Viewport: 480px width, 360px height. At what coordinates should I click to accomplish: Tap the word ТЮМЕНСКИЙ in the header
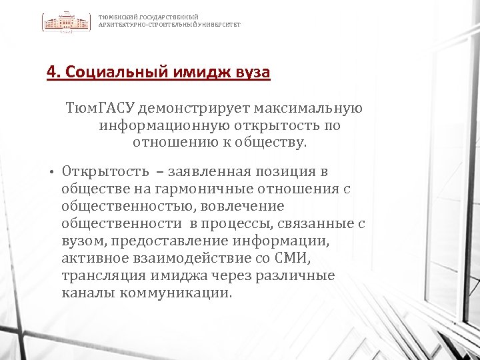[x=115, y=17]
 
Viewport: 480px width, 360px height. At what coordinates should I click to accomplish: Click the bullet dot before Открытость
[x=51, y=173]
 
